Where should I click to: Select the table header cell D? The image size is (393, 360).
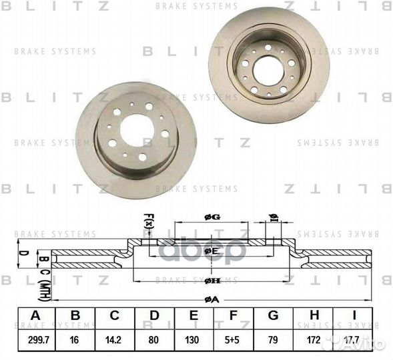coord(154,316)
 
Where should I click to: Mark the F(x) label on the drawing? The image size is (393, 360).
coord(148,221)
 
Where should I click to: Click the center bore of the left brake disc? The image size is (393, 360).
coord(137,130)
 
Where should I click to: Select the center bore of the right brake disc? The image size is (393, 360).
coord(268,70)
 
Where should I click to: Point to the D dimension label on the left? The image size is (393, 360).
coord(21,253)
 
